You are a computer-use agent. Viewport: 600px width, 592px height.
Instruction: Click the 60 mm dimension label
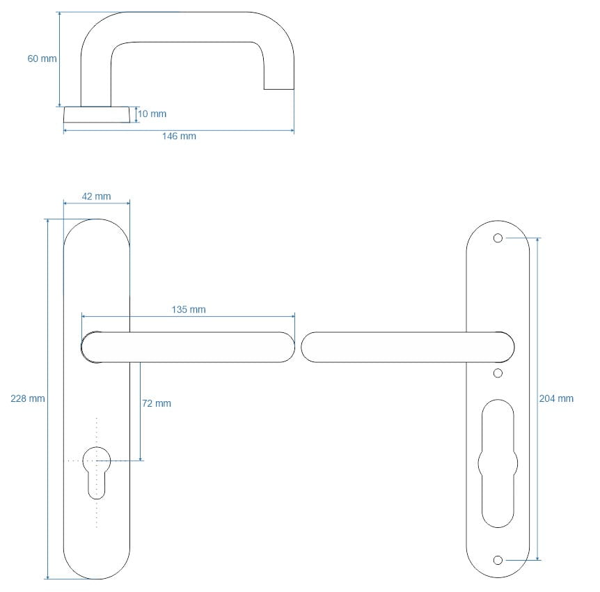tap(42, 59)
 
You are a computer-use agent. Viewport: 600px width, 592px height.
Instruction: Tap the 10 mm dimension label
tap(152, 114)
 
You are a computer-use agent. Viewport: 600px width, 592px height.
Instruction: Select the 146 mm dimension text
tap(179, 136)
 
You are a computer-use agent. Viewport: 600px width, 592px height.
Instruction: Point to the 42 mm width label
tap(97, 196)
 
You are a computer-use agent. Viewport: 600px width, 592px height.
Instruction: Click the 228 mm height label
tap(28, 398)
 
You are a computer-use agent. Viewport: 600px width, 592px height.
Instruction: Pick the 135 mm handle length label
tap(189, 309)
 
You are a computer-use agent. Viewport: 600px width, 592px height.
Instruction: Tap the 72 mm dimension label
tap(157, 403)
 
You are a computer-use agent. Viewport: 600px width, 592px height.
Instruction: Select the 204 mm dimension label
tap(556, 398)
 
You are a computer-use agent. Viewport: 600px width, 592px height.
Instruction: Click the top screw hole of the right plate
tap(498, 238)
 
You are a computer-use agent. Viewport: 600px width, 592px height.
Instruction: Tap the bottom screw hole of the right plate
tap(498, 560)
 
